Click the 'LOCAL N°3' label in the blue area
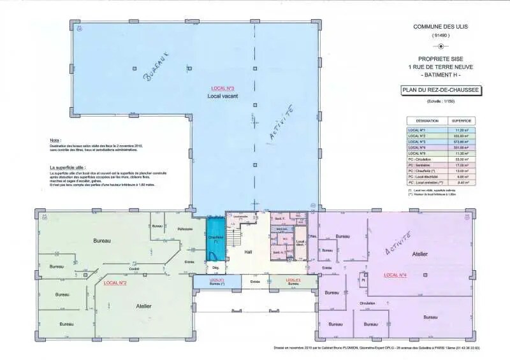223,88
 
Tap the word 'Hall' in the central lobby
249,252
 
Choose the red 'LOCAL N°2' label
115,282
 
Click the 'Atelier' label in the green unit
143,306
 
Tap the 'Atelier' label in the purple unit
419,254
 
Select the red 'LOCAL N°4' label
395,275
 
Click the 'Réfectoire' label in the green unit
185,229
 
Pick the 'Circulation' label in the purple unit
367,303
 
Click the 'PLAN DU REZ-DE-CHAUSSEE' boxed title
441,91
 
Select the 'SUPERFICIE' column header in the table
461,120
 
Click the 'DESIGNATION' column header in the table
427,120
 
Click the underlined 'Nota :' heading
55,140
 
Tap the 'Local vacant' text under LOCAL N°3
222,96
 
